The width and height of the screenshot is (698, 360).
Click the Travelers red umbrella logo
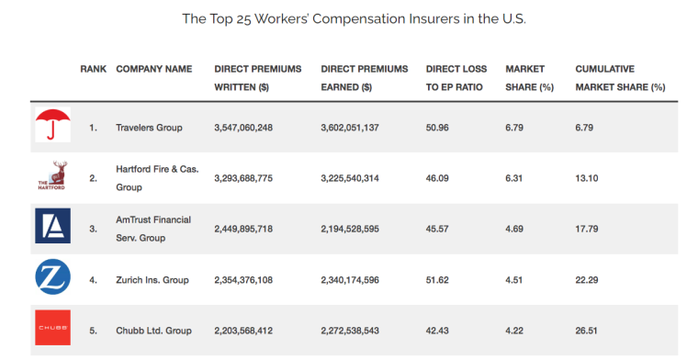pos(52,126)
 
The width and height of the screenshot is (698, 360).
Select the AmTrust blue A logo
pos(52,226)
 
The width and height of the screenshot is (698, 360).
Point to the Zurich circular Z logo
pos(52,276)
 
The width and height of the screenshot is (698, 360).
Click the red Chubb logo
pos(52,328)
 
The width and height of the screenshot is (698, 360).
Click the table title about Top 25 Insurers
pos(354,18)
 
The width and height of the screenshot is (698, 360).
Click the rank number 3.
pos(93,228)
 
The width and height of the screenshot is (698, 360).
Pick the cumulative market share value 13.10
pos(589,177)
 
